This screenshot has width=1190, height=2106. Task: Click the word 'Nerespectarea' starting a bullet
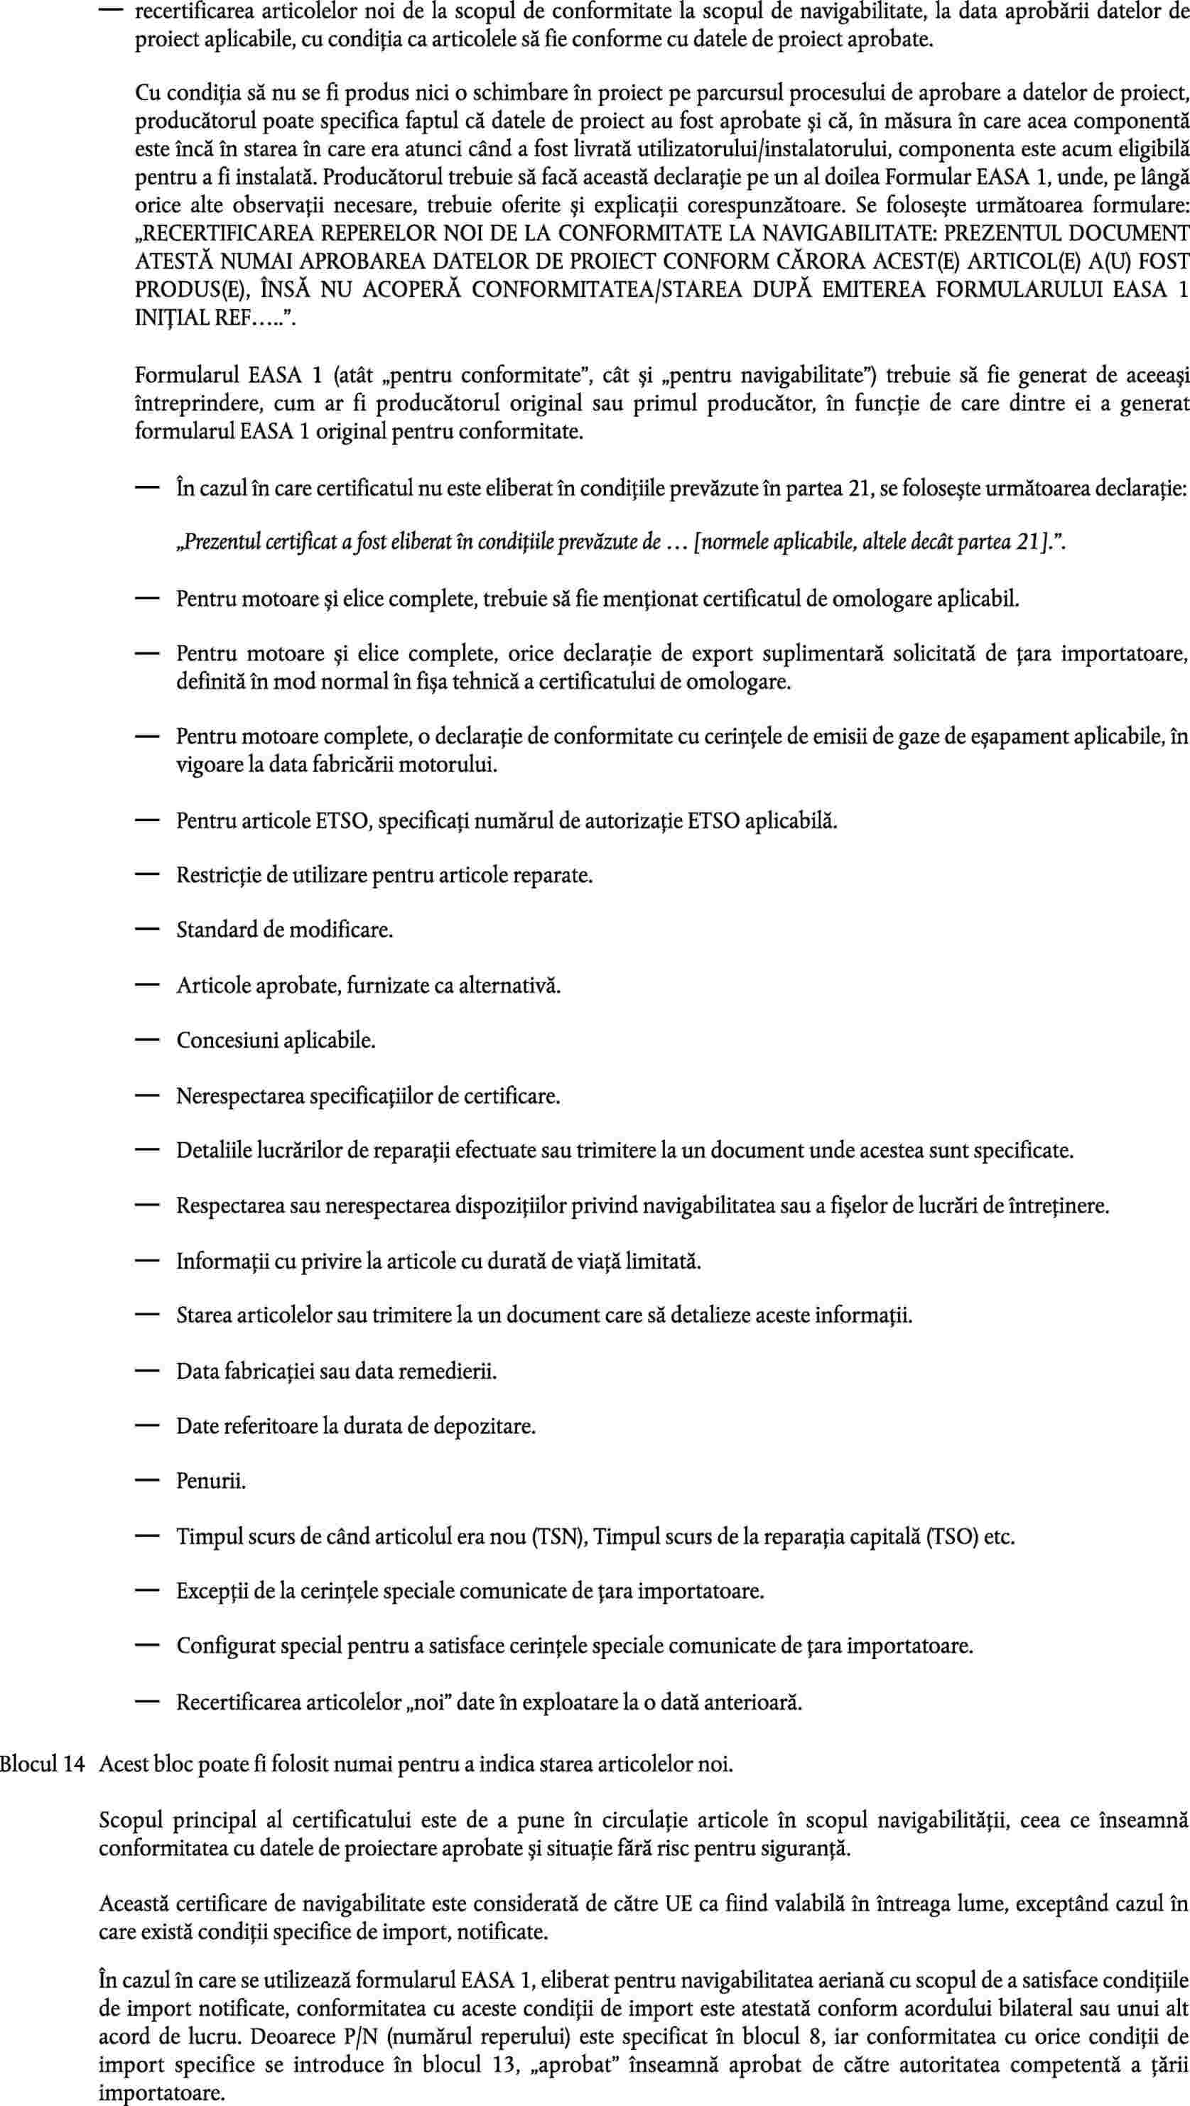[240, 1097]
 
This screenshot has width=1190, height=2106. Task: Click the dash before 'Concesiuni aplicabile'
[146, 1041]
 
